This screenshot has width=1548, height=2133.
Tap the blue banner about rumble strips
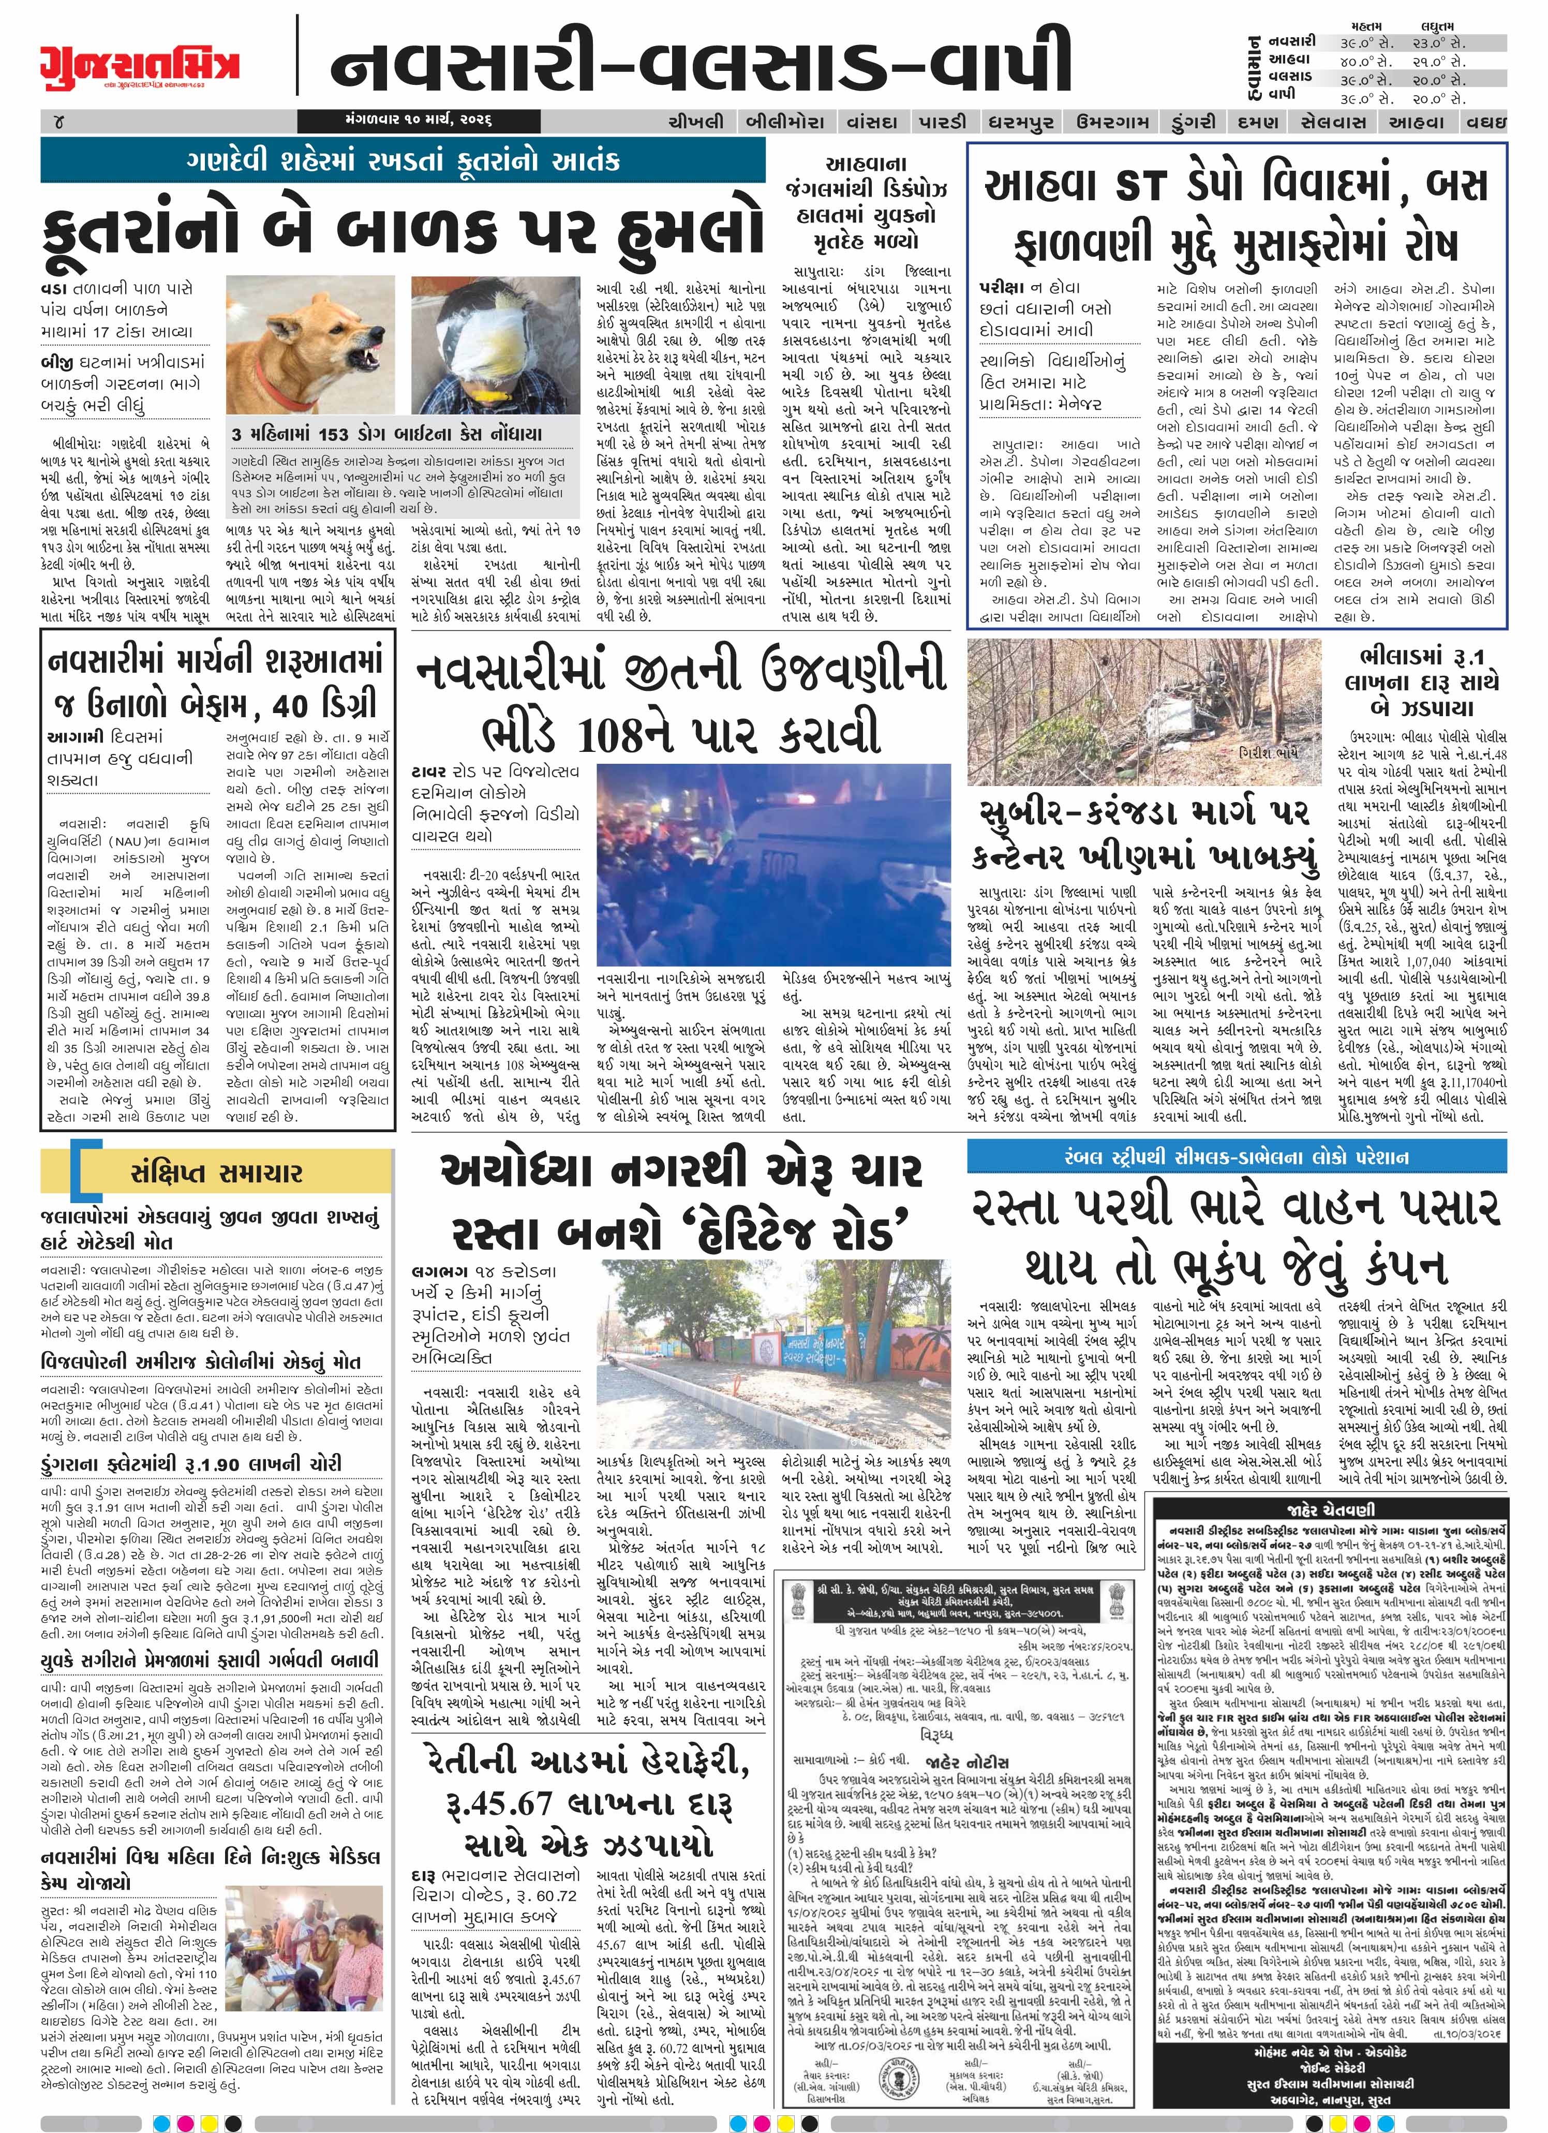(1236, 1157)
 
